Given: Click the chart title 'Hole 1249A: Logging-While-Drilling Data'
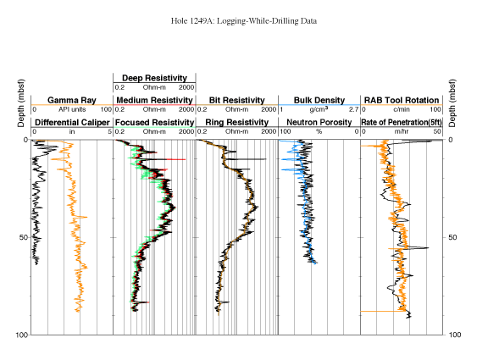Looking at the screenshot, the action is pos(244,21).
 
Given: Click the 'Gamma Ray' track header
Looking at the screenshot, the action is pos(72,100).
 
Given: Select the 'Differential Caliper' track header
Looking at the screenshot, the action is pos(72,123).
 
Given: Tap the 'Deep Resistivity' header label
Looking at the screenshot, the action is pos(154,78).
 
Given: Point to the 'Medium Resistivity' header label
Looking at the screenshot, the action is pos(154,100).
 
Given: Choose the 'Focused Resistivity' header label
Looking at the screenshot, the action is pos(154,123).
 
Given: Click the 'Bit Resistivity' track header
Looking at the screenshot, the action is pos(237,100).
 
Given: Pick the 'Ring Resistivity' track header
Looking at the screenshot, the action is pos(237,123).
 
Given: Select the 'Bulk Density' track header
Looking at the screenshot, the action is pos(319,100).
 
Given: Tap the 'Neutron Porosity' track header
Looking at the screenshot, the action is pos(319,123).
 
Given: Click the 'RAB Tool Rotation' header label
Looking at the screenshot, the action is pos(402,100).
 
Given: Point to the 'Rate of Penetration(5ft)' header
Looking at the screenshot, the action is pos(402,123).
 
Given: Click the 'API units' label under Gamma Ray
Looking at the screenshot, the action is pos(72,109).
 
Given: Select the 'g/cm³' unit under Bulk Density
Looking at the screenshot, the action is pos(319,109).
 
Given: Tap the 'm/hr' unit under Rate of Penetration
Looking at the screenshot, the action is pos(402,132).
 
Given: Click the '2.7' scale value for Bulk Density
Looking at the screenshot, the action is pos(354,109).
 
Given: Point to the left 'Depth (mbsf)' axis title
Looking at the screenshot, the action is pos(21,103).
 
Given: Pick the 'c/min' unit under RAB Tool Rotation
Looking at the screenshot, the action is pos(402,109).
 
